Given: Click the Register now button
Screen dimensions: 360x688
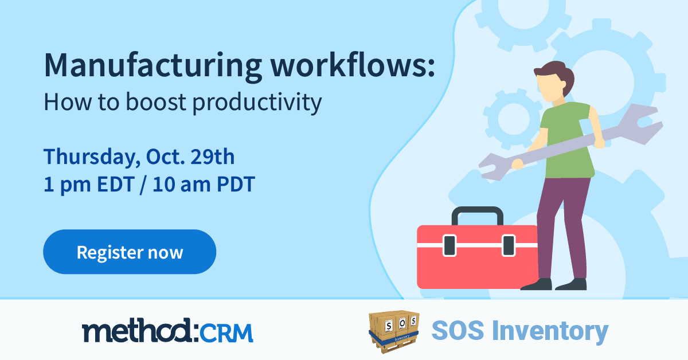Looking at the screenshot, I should [x=130, y=252].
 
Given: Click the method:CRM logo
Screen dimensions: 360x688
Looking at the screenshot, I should [x=167, y=331].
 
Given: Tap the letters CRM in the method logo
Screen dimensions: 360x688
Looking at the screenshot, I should [x=229, y=332].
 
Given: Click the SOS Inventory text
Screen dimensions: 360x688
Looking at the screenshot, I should [x=519, y=331].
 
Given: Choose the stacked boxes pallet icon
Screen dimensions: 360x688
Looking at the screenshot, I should [x=394, y=331].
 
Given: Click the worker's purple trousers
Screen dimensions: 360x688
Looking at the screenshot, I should [x=565, y=224].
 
